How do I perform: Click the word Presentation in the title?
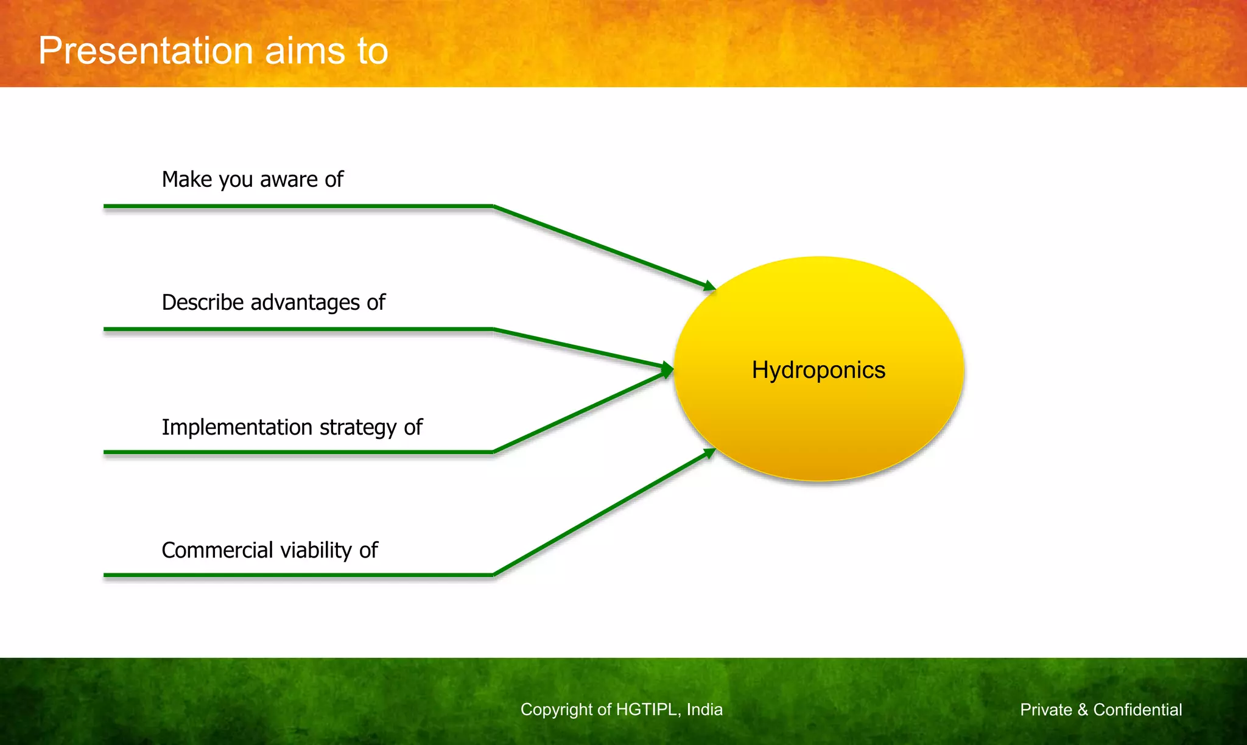point(145,51)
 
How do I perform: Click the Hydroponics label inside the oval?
point(818,370)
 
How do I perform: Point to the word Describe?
point(203,303)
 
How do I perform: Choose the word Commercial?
point(217,550)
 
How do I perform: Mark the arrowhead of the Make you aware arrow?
point(709,285)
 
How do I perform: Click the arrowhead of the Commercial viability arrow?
point(709,453)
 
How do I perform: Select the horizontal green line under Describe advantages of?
point(298,329)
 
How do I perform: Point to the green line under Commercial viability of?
point(298,575)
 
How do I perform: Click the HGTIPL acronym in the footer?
point(648,710)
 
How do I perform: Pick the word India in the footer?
point(704,710)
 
